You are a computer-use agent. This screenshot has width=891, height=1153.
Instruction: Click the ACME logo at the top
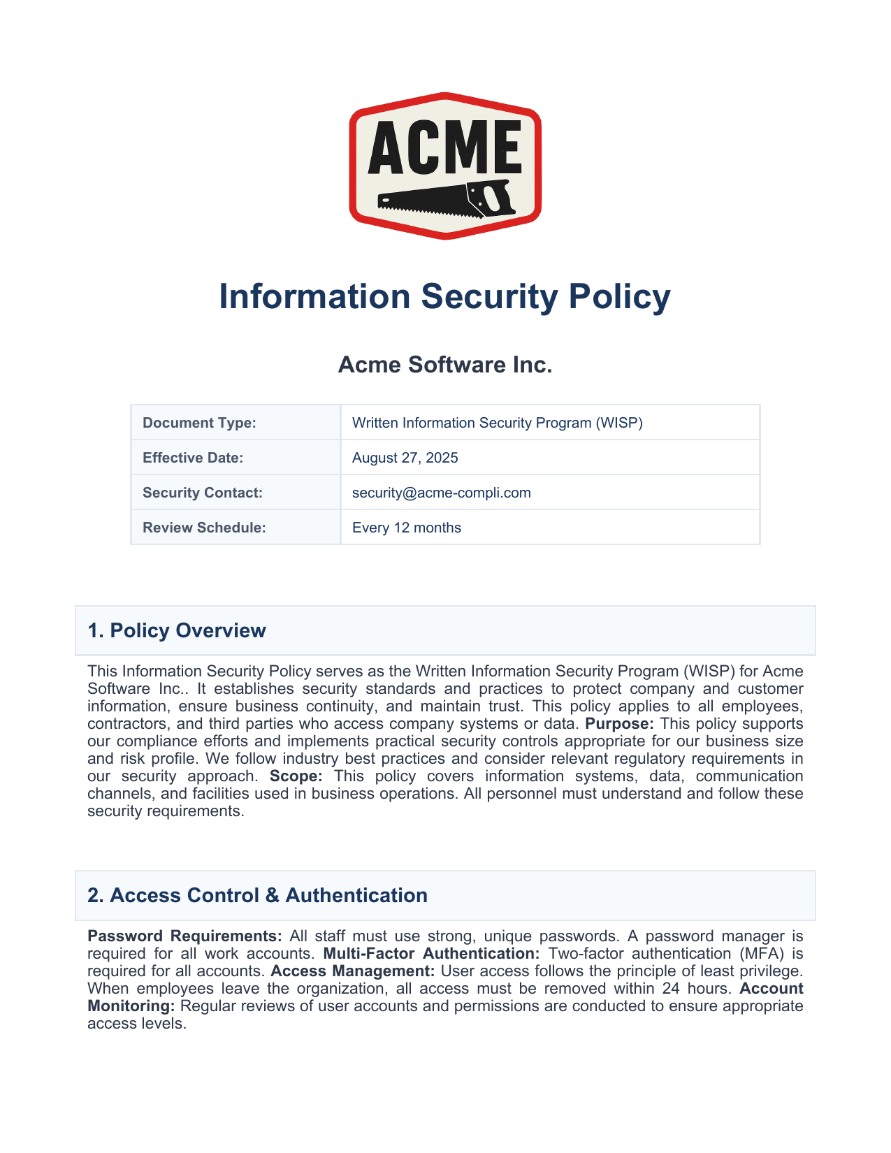coord(445,166)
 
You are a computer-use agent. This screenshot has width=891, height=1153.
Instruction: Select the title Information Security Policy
coord(444,296)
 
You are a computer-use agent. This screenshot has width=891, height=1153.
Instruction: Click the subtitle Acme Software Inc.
coord(444,365)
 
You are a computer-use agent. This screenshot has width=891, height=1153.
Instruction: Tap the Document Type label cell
coord(199,423)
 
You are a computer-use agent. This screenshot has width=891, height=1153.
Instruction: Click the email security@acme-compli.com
coord(441,493)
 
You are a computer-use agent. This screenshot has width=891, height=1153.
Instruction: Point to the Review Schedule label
coord(204,528)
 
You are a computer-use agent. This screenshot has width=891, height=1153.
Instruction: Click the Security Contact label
coord(203,493)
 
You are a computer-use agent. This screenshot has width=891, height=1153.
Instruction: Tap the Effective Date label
coord(193,458)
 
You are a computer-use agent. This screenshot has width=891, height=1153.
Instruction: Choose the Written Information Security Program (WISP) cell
coord(497,423)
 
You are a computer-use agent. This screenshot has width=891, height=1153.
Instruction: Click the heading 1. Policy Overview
coord(177,630)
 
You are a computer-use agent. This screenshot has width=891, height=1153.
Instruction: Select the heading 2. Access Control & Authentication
coord(257,895)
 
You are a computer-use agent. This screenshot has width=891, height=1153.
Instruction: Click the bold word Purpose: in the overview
coord(619,724)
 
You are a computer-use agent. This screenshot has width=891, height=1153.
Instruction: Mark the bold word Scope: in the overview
coord(296,776)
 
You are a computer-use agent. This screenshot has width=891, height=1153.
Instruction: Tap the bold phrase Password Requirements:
coord(184,936)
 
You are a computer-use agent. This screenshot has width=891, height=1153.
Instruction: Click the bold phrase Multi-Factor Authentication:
coord(431,953)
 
